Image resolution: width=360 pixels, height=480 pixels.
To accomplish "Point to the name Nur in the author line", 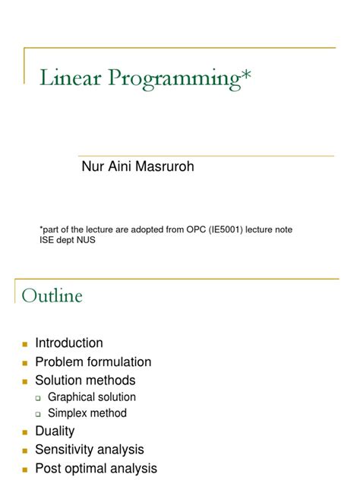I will (x=92, y=166).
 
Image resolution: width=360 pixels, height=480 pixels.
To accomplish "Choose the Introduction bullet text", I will (x=69, y=343).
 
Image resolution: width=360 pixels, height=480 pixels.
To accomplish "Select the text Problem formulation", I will (x=93, y=362).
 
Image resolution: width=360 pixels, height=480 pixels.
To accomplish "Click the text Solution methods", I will (x=85, y=380).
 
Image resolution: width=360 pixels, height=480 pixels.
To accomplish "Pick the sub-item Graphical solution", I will (x=92, y=397).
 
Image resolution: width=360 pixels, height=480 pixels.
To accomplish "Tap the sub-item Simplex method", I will (x=87, y=414).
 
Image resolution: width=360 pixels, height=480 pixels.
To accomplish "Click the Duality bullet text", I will (x=55, y=431).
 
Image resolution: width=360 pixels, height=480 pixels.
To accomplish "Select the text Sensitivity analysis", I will (x=90, y=450).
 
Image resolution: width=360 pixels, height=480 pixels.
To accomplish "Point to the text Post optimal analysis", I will (x=96, y=468).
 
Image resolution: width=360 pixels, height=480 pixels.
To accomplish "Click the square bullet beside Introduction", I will (x=24, y=344).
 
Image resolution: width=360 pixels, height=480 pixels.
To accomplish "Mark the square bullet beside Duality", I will (x=24, y=432).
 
